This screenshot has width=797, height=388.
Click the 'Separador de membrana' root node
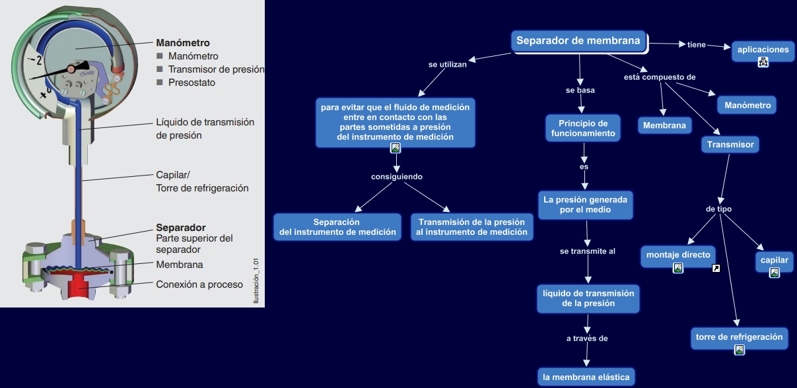click(578, 41)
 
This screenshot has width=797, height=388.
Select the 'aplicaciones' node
click(763, 50)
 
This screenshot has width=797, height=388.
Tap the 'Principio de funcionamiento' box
click(583, 128)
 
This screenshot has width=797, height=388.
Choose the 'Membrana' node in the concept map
click(664, 125)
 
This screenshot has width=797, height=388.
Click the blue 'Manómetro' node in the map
click(747, 105)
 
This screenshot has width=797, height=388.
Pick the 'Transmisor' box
click(730, 145)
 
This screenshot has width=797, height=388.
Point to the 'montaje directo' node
click(678, 255)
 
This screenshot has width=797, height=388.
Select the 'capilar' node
click(774, 261)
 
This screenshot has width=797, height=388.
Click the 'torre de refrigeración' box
click(739, 337)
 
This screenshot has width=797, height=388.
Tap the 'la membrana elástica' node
click(586, 377)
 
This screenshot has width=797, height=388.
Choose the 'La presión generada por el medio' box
click(586, 204)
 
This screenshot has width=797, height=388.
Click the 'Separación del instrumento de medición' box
click(337, 227)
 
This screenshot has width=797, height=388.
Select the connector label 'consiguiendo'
click(396, 177)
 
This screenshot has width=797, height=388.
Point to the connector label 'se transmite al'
click(587, 251)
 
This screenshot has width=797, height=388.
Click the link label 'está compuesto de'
click(660, 77)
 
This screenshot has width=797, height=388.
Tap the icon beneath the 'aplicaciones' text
click(763, 63)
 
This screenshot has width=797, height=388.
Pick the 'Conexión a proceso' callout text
click(199, 284)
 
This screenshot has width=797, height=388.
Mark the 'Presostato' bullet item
click(191, 82)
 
